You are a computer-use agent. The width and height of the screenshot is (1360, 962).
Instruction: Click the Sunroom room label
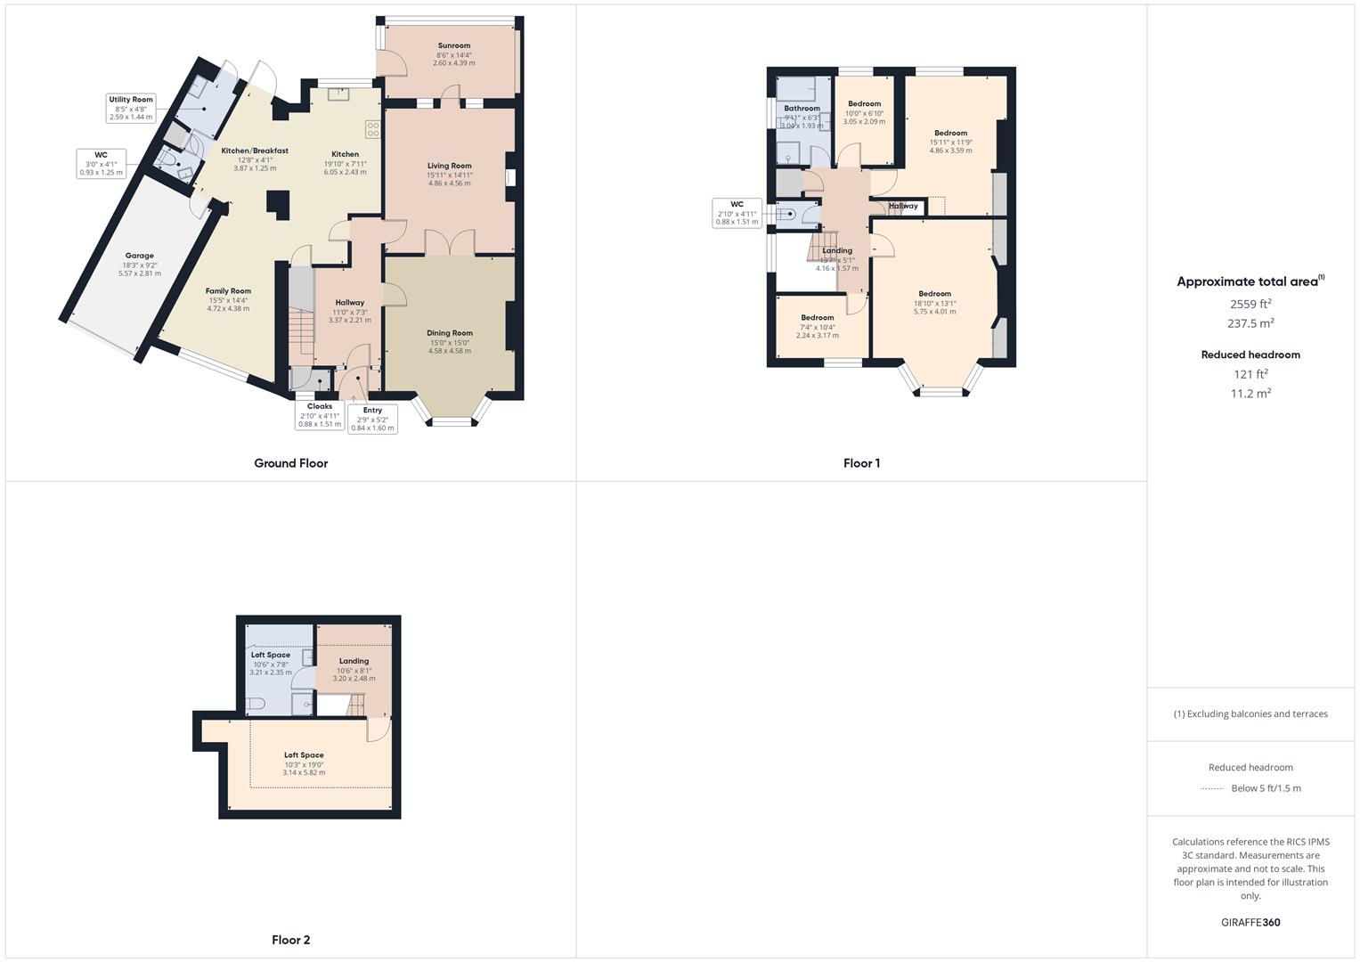[x=453, y=45]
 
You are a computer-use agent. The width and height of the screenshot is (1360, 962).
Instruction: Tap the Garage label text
[x=139, y=256]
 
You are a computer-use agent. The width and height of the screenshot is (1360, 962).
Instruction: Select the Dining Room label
[x=450, y=333]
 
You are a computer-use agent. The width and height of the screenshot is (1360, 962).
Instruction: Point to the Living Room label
[x=449, y=166]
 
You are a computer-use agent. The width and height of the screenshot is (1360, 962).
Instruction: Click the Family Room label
[x=228, y=291]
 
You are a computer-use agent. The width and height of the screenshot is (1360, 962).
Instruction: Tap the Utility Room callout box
[x=131, y=108]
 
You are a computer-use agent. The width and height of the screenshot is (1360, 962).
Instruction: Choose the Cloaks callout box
[x=320, y=414]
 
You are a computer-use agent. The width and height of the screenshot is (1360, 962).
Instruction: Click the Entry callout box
[x=372, y=419]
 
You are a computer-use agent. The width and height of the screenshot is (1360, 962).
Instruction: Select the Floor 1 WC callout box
[x=737, y=213]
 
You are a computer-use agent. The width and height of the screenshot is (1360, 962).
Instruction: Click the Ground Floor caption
[x=291, y=463]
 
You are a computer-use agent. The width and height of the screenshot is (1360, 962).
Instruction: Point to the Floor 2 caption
[x=291, y=940]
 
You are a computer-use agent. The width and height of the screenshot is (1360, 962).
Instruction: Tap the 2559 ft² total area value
[x=1250, y=304]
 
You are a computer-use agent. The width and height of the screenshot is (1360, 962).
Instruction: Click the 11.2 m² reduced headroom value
[x=1250, y=394]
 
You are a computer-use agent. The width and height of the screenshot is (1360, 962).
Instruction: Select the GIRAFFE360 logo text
[x=1250, y=923]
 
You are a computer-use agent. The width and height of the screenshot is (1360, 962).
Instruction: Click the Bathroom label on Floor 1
[x=802, y=109]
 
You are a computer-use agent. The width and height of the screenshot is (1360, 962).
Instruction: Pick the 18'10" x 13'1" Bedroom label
[x=934, y=294]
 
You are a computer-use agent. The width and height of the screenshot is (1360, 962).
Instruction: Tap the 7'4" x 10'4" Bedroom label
[x=817, y=318]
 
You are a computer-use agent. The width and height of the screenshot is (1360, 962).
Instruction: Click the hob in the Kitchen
[x=373, y=129]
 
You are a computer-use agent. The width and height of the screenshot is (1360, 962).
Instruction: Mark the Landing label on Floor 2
[x=354, y=661]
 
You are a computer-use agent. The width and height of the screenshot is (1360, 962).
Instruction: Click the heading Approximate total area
[x=1247, y=281]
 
